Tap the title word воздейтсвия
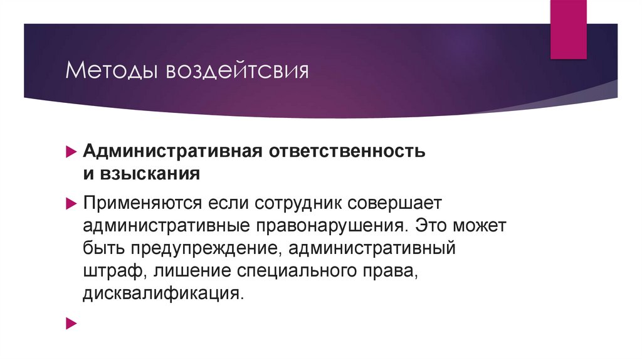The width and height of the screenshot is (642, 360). [x=237, y=70]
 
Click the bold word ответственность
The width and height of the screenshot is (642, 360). [x=339, y=152]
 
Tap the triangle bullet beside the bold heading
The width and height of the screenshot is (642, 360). [x=71, y=152]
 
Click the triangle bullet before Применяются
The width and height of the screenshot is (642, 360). [x=71, y=203]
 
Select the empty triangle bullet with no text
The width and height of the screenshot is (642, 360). [x=71, y=324]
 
